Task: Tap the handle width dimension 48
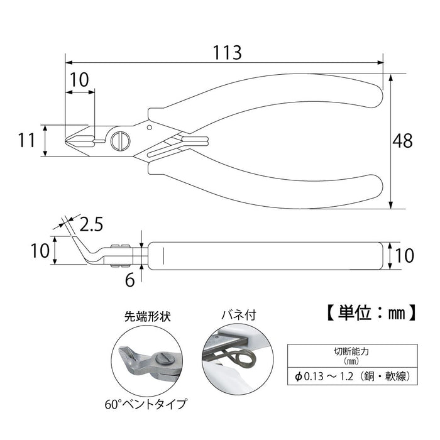[402, 141]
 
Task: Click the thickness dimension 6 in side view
[129, 280]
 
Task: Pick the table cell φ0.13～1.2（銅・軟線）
[350, 377]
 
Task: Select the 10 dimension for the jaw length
[79, 79]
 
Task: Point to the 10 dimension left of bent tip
[40, 251]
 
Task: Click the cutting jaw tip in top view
[70, 140]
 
